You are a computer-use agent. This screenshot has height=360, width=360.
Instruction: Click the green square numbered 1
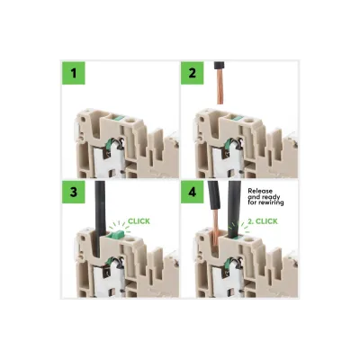pos(74,73)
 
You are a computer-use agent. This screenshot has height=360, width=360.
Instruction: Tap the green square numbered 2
pos(193,73)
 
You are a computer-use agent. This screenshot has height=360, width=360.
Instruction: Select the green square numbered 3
pos(74,192)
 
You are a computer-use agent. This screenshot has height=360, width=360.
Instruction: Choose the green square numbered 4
pos(193,192)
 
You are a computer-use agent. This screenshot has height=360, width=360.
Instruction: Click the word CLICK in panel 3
pos(139,221)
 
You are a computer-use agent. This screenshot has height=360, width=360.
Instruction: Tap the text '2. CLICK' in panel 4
pos(263,221)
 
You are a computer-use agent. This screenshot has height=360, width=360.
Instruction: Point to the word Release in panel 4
pos(260,191)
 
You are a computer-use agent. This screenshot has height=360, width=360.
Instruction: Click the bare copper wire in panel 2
pos(220,87)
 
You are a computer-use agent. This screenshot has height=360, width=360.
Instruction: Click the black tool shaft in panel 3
pos(100,218)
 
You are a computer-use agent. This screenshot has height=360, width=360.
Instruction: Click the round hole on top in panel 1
pos(130,121)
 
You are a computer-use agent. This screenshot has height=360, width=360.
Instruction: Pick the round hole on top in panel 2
pos(248,121)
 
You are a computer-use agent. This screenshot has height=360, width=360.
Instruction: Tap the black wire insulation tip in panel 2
pos(219,66)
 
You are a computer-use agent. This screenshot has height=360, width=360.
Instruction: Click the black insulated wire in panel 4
pos(214,195)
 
